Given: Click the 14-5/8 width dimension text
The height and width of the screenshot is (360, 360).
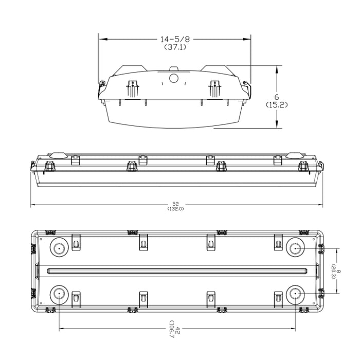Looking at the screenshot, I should coord(175,38).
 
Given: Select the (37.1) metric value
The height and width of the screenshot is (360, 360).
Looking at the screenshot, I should coord(175,47).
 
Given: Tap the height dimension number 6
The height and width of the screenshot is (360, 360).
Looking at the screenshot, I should coord(276,96).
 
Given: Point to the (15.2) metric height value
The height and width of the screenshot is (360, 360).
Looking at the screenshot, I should coord(277,105).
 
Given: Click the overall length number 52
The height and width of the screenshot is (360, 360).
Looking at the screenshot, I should coord(176,204).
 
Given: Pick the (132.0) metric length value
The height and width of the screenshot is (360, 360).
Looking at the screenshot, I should coord(176,209).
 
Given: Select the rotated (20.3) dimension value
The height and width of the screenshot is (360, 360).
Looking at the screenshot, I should coord(334,272).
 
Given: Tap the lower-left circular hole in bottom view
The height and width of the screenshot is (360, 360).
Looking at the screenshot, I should coord(59,295).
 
